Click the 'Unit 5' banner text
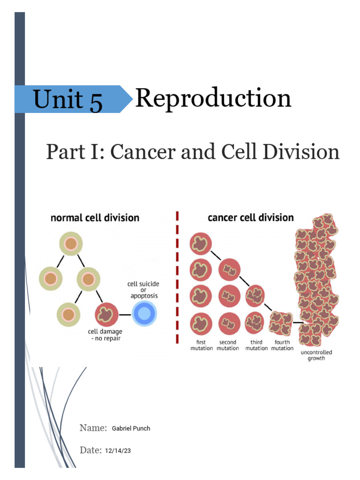point(68,100)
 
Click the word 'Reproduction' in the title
point(213,99)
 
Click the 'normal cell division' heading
point(95,217)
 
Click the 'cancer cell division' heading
point(250,217)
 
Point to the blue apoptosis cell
point(145,313)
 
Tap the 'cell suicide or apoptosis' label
point(142,290)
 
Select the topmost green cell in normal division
point(71,244)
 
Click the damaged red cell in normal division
point(106,314)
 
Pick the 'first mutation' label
point(202,345)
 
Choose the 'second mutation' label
point(228,345)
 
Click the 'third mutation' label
point(256,345)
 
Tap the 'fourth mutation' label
point(282,345)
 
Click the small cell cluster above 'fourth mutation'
point(281,323)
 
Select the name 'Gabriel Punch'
point(131,428)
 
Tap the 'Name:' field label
point(93,427)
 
